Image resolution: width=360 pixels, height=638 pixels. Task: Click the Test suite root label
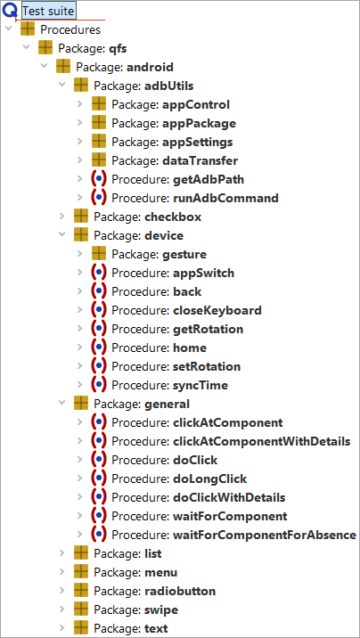coord(48,11)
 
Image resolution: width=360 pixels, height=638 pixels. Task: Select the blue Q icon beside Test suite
coord(9,11)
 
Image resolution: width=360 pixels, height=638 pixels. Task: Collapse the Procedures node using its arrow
coord(9,29)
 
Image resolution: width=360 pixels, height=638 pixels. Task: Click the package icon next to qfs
coord(45,48)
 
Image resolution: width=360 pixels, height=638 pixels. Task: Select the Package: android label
coord(125,67)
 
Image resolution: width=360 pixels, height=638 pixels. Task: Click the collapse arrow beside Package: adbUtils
coord(62,86)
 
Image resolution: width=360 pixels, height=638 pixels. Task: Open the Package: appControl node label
coord(171,104)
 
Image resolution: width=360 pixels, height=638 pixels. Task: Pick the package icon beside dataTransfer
coord(99,160)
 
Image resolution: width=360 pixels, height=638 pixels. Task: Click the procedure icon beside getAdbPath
coord(99,179)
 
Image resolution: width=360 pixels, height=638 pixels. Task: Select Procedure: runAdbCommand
coord(195,198)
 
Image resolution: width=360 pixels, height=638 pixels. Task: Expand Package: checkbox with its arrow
coord(62,217)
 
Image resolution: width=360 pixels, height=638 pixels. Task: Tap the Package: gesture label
coord(159,254)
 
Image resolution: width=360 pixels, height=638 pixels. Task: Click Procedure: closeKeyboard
coord(187,310)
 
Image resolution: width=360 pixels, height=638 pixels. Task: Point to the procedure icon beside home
coord(99,348)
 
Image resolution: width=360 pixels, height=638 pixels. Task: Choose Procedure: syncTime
coord(170,385)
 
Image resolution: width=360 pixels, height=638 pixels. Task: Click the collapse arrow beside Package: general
coord(62,404)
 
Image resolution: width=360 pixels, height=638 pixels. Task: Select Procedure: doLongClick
coord(179,478)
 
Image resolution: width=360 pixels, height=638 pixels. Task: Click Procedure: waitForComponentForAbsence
coord(233,535)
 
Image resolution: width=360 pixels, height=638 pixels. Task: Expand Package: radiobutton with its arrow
coord(62,591)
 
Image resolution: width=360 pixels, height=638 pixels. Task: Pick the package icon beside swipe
coord(81,609)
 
